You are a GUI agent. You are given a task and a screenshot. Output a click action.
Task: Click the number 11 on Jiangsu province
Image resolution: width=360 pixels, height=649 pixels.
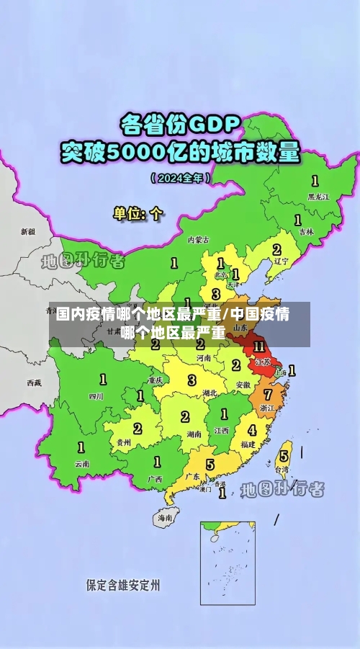(259, 346)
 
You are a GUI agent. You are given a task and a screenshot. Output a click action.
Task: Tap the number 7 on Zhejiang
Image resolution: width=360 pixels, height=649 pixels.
(268, 395)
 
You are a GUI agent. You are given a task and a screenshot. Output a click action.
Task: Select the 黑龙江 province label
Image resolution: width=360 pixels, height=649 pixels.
(318, 196)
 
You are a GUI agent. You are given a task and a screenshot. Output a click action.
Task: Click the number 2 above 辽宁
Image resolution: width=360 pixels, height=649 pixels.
(276, 249)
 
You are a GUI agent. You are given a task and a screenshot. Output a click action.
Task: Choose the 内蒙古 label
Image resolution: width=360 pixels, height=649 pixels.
(198, 239)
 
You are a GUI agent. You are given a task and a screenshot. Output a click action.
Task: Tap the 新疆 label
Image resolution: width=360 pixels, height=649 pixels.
(27, 232)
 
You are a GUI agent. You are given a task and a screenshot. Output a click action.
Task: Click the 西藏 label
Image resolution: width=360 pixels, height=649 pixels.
(34, 382)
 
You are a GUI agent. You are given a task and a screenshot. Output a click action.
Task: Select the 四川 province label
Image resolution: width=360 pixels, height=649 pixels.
(96, 396)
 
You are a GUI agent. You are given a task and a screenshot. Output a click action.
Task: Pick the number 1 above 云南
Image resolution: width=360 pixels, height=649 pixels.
(81, 447)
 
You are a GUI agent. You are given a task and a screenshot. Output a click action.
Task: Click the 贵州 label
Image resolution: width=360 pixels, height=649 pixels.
(124, 442)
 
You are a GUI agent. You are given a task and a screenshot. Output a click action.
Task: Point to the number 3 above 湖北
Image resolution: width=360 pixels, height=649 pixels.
(192, 380)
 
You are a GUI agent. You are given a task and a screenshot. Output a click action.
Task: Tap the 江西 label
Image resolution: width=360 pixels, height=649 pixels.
(221, 430)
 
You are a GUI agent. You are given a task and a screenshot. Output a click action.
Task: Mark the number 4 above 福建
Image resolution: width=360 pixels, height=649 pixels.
(251, 430)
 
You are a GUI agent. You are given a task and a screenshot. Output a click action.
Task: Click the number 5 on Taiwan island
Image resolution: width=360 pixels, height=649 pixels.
(284, 456)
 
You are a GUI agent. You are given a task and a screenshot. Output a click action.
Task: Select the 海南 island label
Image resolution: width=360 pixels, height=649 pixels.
(166, 517)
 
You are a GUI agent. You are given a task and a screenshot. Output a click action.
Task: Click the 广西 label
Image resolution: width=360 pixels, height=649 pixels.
(155, 478)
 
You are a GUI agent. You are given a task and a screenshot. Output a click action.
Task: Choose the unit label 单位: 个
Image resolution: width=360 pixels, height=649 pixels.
(138, 214)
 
